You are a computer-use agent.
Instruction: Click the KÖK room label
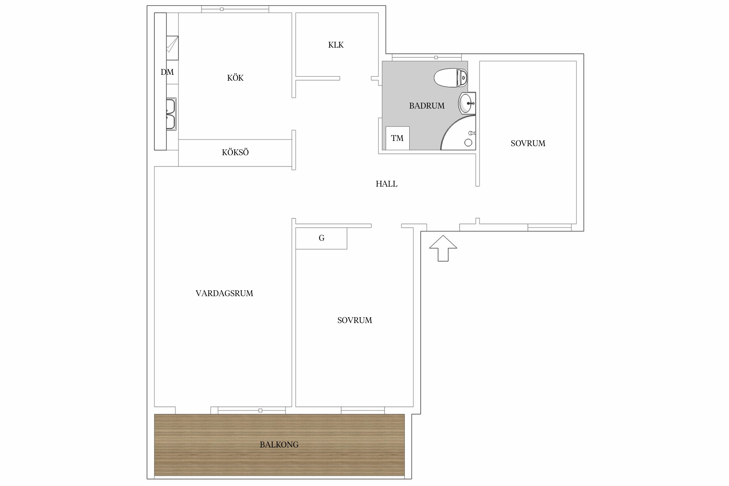[x=235, y=78]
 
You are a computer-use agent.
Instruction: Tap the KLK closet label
[x=336, y=45]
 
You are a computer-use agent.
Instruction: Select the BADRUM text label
[x=427, y=106]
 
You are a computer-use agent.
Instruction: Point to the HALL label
[x=387, y=184]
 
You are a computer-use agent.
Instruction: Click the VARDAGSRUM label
[x=224, y=293]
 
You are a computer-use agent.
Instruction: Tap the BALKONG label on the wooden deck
[x=279, y=445]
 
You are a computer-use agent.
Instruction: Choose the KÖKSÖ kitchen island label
[x=235, y=152]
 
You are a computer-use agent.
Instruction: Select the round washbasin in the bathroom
[x=467, y=103]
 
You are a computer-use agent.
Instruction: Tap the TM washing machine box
[x=398, y=138]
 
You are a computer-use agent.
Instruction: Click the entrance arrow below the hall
[x=443, y=248]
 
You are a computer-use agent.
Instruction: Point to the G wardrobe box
[x=321, y=238]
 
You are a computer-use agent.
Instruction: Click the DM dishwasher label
[x=167, y=72]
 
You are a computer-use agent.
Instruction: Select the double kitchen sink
[x=171, y=114]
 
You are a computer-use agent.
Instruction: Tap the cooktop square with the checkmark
[x=172, y=48]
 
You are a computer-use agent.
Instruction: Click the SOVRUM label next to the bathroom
[x=528, y=143]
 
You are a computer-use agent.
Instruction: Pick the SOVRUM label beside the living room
[x=354, y=320]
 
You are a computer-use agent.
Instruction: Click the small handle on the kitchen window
[x=222, y=9]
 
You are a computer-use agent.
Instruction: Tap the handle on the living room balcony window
[x=260, y=411]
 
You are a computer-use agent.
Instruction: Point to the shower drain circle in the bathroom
[x=468, y=143]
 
